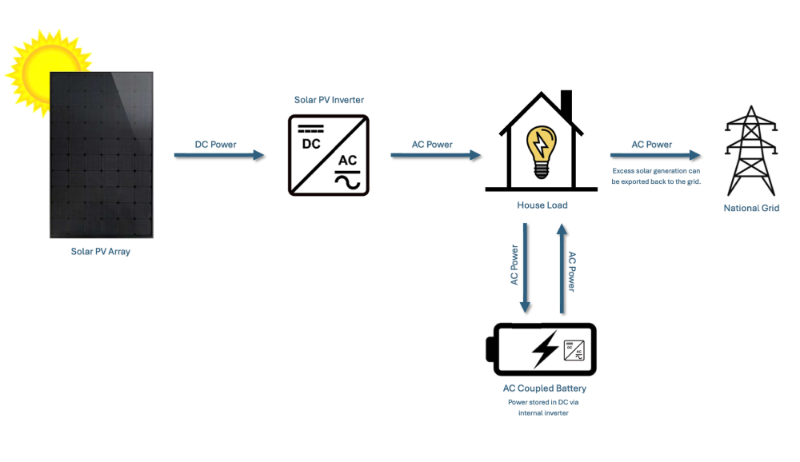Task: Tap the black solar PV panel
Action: point(102,154)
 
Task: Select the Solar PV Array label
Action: point(101,252)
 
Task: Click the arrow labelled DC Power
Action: point(219,154)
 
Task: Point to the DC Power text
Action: point(215,145)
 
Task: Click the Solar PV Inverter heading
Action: point(329,100)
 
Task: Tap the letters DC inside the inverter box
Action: point(311,144)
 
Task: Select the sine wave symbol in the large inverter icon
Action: point(347,182)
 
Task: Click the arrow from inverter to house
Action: point(436,154)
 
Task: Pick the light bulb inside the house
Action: point(542,152)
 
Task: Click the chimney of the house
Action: point(566,106)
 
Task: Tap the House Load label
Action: point(542,205)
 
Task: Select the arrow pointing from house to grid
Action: point(655,154)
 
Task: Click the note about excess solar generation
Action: point(656,176)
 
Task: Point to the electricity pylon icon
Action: point(751,150)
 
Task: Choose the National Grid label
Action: point(751,208)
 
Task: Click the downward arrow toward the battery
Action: point(525,268)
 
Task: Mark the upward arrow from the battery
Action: point(562,269)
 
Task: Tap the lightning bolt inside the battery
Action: point(545,349)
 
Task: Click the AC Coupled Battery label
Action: point(544,388)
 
